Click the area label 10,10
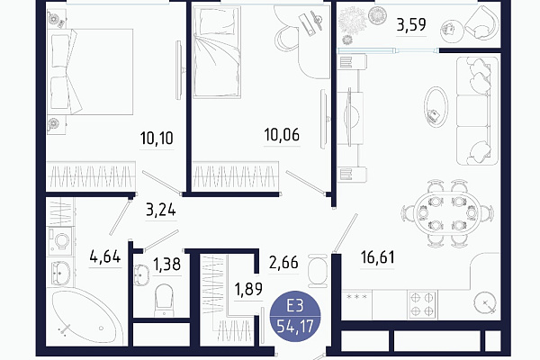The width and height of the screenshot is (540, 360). pos(157,138)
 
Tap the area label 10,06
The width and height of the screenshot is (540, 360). pos(282,135)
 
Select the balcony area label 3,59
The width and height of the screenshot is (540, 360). pos(411,25)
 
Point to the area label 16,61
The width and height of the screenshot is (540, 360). pos(377,257)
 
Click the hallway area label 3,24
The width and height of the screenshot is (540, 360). pos(161,210)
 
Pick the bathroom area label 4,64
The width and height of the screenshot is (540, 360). pos(105,256)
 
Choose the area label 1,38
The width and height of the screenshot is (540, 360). pos(167,265)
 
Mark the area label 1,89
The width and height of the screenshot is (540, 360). pos(248,290)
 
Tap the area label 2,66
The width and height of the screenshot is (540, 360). pos(283,263)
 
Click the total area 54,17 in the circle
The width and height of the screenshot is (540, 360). pos(295,326)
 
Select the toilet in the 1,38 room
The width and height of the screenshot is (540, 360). pos(164,300)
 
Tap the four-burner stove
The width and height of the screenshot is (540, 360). pos(422,304)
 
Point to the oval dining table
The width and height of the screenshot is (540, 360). pos(447,213)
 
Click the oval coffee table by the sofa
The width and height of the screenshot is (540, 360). pos(436,107)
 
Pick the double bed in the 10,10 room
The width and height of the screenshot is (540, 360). pos(90,72)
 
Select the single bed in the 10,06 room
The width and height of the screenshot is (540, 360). pos(217,51)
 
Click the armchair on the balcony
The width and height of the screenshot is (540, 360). pos(481,22)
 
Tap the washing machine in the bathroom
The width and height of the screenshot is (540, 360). pos(60,241)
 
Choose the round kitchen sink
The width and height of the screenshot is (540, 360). pos(485,303)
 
